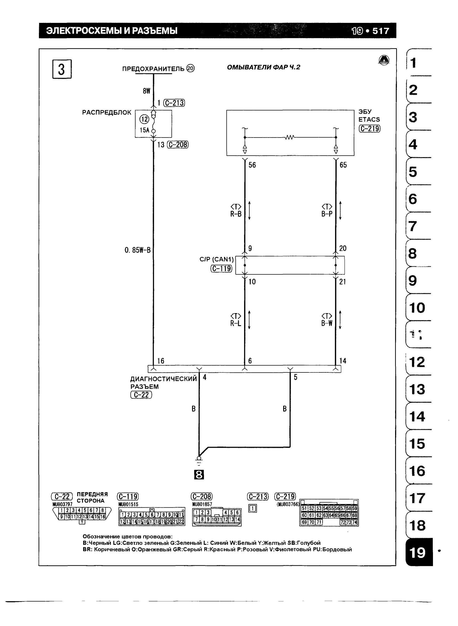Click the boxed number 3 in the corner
62,69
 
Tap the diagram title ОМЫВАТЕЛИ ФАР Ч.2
264,67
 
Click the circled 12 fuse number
144,119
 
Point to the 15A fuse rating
144,130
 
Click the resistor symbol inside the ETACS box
290,137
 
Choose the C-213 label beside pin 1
174,103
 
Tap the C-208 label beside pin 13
178,144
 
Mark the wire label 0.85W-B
137,250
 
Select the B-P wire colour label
327,214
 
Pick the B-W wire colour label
327,323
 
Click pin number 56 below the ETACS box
252,165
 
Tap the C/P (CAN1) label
217,259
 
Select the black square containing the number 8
199,475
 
